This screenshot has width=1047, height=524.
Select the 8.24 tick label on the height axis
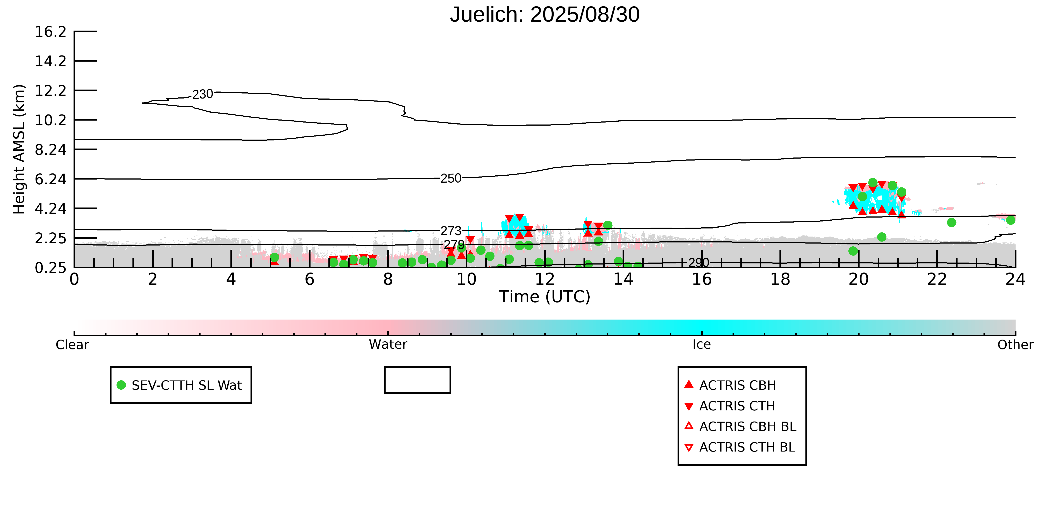(50, 150)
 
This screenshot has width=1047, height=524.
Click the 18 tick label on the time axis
(780, 280)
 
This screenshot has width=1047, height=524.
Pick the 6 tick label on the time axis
(309, 280)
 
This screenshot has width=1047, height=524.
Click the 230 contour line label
(203, 94)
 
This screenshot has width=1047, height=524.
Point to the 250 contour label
(451, 178)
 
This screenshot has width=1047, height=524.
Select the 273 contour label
(451, 231)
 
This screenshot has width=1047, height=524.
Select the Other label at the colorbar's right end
(1015, 345)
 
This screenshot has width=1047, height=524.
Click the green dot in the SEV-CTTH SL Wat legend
(121, 385)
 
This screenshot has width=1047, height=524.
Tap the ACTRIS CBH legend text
(737, 385)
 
